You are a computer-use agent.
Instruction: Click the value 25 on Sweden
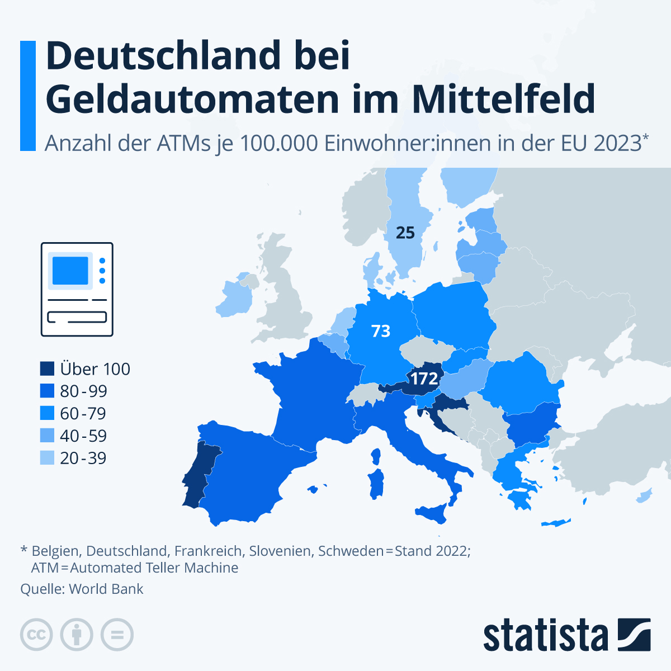tap(405, 233)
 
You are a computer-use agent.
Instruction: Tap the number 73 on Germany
tap(381, 331)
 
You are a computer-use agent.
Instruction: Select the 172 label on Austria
tap(424, 379)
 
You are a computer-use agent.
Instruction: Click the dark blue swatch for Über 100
tap(48, 369)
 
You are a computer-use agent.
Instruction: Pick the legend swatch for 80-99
tap(48, 391)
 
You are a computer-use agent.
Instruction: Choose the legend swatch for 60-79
tap(48, 414)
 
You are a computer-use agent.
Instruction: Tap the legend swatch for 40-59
tap(48, 436)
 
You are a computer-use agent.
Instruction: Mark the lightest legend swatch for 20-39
tap(48, 459)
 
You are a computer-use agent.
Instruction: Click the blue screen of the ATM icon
tap(70, 271)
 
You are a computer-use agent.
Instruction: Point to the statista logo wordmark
tap(545, 636)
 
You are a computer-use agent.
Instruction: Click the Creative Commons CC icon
tap(36, 635)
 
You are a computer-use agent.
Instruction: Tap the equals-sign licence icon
tap(117, 635)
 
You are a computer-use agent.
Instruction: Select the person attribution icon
tap(77, 635)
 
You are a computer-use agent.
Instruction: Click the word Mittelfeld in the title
tap(503, 99)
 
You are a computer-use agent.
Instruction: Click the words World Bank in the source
tap(106, 589)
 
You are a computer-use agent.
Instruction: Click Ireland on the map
tap(234, 299)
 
